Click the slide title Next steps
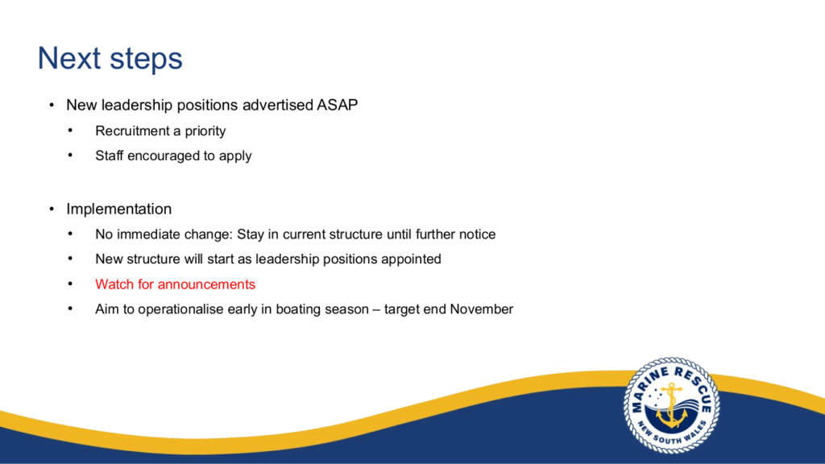[110, 58]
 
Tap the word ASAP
[337, 105]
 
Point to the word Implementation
[119, 209]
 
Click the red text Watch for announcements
[175, 284]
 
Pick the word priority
[205, 131]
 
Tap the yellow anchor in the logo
[672, 406]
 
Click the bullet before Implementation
[52, 209]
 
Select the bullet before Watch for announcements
[71, 284]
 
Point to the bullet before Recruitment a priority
[71, 130]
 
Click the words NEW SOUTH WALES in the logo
[673, 433]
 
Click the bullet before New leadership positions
[52, 106]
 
